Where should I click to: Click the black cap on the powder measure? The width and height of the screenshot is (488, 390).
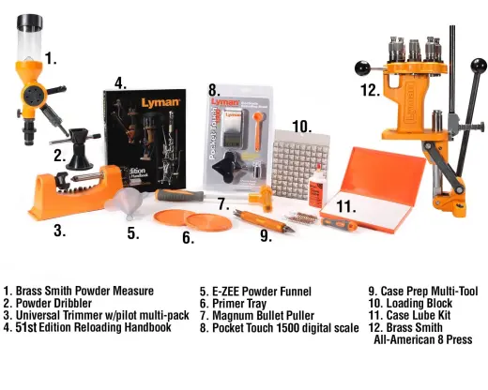(x=29, y=22)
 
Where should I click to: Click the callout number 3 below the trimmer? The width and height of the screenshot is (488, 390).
(x=59, y=231)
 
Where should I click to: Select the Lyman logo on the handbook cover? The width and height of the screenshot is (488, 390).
(x=160, y=103)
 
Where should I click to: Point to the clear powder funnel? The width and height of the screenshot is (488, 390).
(x=125, y=202)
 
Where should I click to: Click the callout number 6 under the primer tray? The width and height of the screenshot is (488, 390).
(x=188, y=237)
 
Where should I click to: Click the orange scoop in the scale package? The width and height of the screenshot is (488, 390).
(x=258, y=129)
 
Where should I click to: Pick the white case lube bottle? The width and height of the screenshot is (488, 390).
(x=317, y=187)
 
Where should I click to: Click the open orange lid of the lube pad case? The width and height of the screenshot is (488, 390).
(x=383, y=176)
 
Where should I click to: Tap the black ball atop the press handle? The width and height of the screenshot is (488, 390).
(x=479, y=66)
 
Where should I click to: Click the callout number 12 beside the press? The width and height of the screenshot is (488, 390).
(x=370, y=90)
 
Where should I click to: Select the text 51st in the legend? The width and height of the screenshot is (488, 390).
(x=26, y=327)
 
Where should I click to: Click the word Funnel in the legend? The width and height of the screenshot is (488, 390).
(x=296, y=292)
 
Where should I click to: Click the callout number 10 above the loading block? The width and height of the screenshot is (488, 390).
(x=302, y=127)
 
